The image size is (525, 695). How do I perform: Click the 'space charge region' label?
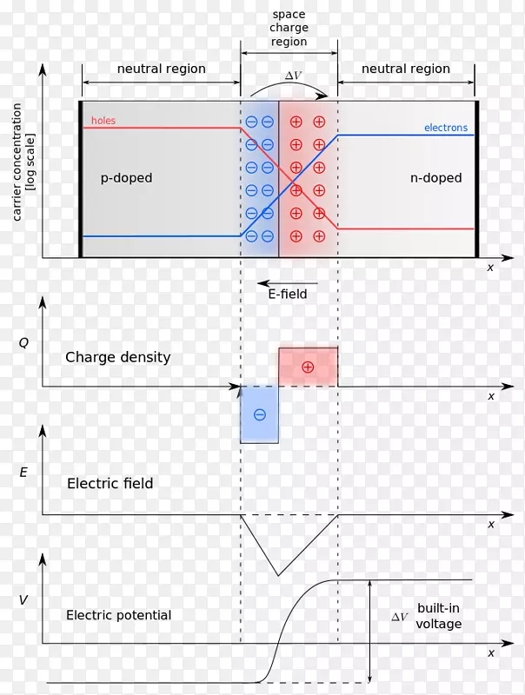point(289,27)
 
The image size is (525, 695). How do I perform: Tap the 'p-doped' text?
point(126,178)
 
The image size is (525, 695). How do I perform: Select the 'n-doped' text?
point(435,178)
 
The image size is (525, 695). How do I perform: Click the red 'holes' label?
point(103,121)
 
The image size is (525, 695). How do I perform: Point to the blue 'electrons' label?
point(445,128)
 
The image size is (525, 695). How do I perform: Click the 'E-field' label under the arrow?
point(287,295)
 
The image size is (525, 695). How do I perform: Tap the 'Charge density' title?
point(117,357)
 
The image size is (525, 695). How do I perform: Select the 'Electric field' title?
point(110,483)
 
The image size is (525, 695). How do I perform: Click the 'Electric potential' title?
point(118,615)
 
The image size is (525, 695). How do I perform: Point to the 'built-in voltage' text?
point(439,616)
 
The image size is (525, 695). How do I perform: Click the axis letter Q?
point(23,342)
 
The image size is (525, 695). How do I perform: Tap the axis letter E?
point(23,473)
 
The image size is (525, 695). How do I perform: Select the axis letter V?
point(23,599)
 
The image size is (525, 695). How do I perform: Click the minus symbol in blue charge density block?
point(259,414)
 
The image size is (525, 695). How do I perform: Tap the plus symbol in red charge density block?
point(308,367)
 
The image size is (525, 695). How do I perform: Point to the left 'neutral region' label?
point(162,69)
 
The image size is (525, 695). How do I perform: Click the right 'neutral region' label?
point(406,69)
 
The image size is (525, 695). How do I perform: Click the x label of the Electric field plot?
point(491,524)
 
